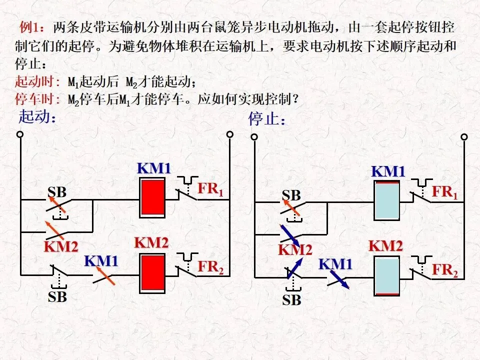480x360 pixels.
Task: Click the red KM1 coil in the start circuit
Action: [x=152, y=198]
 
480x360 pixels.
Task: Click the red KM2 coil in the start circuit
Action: [x=152, y=273]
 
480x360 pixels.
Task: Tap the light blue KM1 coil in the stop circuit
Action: [x=386, y=200]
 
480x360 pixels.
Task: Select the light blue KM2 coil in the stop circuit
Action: [x=386, y=276]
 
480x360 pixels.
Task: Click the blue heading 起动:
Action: [x=37, y=116]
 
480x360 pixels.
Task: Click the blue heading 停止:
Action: [x=267, y=118]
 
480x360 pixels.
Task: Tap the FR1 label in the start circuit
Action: [x=210, y=189]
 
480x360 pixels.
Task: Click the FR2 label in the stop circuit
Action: [x=445, y=270]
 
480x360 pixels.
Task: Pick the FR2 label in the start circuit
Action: [x=210, y=267]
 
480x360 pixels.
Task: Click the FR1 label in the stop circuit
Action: [x=445, y=192]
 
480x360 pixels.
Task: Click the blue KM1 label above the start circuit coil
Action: [x=153, y=168]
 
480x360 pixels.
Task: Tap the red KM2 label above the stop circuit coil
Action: [x=385, y=246]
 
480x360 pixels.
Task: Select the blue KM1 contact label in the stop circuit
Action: [x=335, y=264]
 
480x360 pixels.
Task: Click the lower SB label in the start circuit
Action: [x=57, y=296]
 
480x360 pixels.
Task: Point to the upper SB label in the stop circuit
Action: [x=291, y=195]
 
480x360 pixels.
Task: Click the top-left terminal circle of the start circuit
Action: [x=20, y=134]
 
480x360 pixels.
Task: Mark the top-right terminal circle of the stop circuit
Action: [x=464, y=137]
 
